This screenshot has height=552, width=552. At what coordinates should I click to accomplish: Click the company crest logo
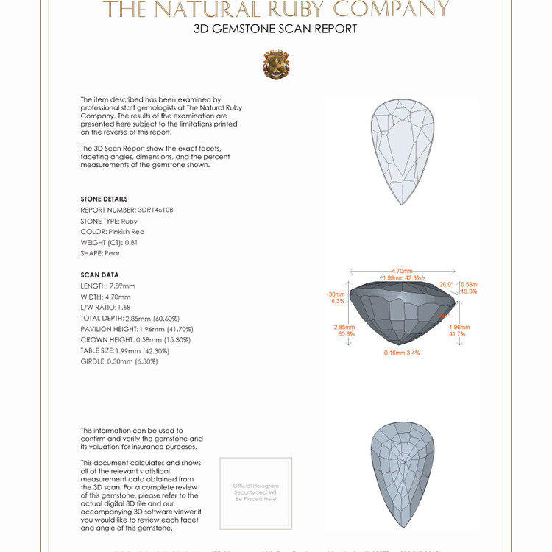[276, 65]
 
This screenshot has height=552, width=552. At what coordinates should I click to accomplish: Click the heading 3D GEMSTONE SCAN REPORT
[275, 29]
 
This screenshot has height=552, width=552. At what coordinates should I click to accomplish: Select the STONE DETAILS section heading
[104, 199]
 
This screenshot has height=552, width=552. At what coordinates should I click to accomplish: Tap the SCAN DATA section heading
[99, 275]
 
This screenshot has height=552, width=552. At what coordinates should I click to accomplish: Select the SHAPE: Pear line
[100, 253]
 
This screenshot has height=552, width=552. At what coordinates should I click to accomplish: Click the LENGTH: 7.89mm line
[108, 286]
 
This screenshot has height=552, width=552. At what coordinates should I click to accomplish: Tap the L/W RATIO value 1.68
[124, 307]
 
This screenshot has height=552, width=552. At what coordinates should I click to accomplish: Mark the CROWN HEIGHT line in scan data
[135, 340]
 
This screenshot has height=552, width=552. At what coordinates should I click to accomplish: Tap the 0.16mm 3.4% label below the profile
[403, 353]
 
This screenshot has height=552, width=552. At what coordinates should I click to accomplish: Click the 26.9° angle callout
[446, 284]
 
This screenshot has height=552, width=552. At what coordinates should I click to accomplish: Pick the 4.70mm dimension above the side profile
[402, 270]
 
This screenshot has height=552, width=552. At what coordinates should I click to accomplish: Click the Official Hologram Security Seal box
[256, 492]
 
